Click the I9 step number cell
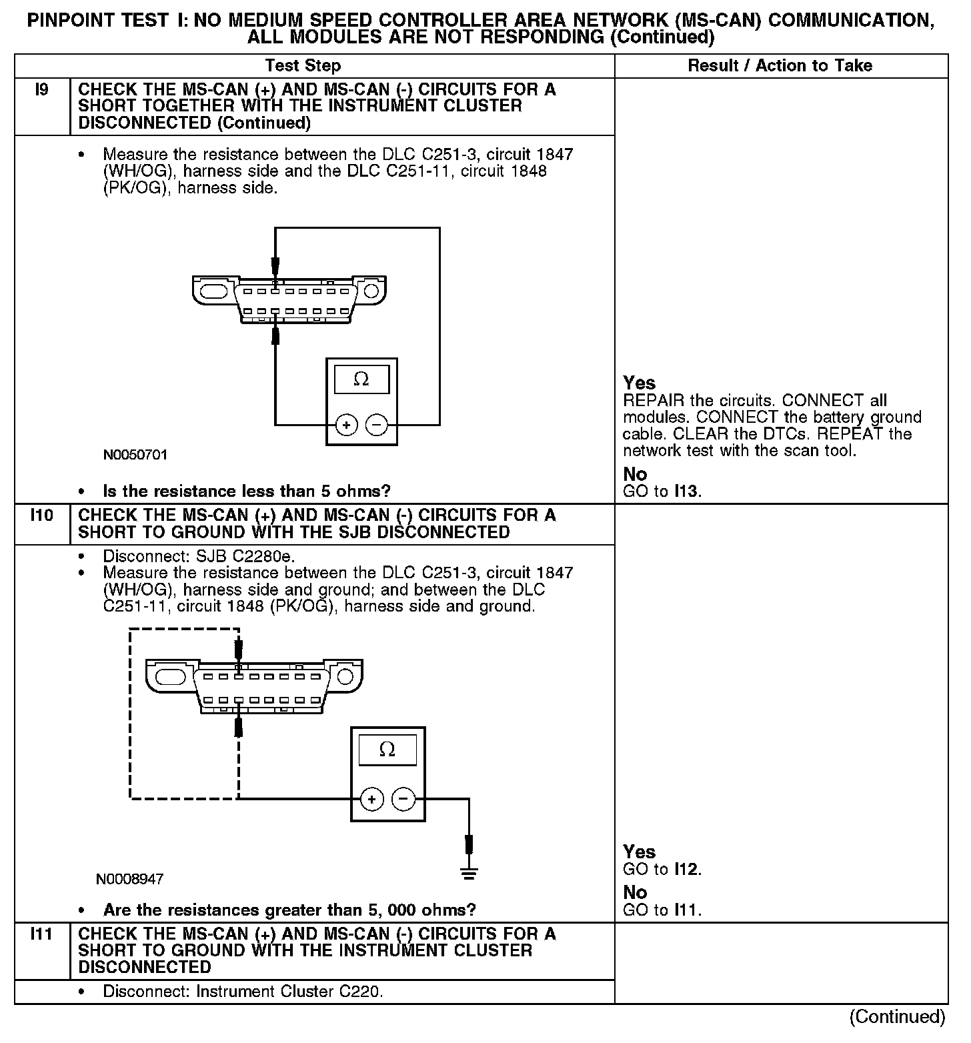[41, 90]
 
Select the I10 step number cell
[41, 515]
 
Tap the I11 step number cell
[41, 934]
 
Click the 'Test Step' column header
[303, 66]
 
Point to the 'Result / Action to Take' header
[780, 66]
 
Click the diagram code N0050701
[135, 455]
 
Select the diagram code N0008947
[130, 879]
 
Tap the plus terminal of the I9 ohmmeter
[346, 425]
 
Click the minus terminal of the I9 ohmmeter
[377, 425]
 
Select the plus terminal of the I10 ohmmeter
[371, 799]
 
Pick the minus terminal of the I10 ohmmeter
[403, 799]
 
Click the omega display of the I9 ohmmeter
[361, 379]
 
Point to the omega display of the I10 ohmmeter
[387, 750]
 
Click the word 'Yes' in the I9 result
[639, 383]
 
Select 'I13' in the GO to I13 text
[686, 492]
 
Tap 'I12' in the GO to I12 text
[686, 870]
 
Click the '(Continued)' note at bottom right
[897, 1017]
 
